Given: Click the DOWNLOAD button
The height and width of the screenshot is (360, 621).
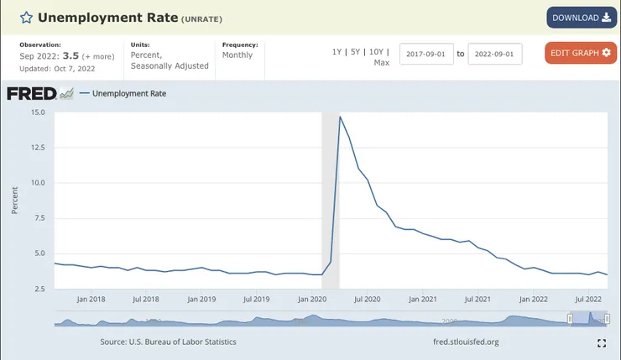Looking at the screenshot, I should (581, 18).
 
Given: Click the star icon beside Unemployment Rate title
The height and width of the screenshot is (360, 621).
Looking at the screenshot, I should (26, 18).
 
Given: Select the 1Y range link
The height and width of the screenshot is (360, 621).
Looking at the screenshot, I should (337, 52).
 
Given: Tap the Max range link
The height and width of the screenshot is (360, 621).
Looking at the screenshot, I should (381, 63).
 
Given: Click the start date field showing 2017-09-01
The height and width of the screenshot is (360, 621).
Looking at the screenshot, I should (425, 54).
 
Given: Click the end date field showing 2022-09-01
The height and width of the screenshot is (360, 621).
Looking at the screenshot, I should (494, 54).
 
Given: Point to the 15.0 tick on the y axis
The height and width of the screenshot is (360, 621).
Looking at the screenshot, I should (38, 112).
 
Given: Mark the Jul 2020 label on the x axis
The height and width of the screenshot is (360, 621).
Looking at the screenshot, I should (368, 299).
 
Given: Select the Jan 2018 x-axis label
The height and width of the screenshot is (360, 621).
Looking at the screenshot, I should (91, 299).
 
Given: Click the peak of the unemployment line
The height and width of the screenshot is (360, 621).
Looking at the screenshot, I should (340, 117).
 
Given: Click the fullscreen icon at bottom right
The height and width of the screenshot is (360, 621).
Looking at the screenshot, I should (601, 342).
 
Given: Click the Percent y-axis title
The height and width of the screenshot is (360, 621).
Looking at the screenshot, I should (15, 201).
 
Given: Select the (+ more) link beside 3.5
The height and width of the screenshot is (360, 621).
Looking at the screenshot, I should (98, 55).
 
